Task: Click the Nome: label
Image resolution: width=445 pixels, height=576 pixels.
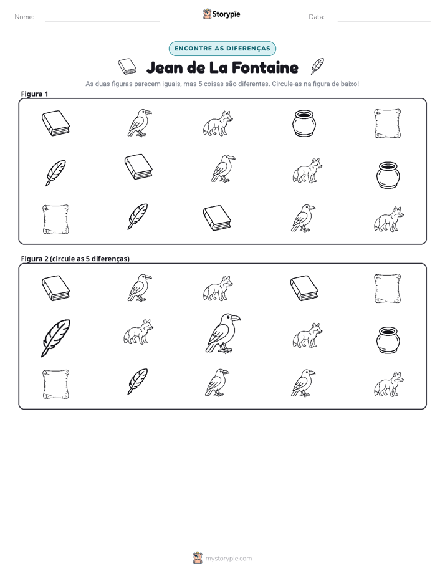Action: (24, 17)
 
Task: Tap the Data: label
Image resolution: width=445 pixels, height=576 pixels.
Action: (317, 17)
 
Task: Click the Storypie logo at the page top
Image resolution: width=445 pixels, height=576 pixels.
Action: (222, 14)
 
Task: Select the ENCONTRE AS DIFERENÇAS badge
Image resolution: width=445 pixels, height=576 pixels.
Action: (222, 49)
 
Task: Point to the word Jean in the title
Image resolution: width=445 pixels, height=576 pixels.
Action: (165, 67)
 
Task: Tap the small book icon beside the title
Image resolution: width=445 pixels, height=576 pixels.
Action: (127, 67)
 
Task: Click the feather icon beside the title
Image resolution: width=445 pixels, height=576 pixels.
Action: (317, 66)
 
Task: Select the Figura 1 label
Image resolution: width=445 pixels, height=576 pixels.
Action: (34, 94)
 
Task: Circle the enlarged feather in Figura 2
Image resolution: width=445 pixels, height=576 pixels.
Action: (55, 338)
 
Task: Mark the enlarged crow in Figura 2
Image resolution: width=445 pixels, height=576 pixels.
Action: (222, 334)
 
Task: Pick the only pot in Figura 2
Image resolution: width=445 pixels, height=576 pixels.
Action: (388, 340)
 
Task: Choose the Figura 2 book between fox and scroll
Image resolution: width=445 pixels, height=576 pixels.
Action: (304, 288)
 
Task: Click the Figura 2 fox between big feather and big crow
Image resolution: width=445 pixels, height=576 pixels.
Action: (138, 332)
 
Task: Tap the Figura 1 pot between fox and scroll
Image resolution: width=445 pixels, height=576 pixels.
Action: (304, 123)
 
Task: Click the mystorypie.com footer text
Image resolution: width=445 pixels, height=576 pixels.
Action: (228, 559)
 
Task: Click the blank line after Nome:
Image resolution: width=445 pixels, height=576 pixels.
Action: (102, 21)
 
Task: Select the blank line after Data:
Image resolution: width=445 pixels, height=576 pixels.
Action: (384, 21)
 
